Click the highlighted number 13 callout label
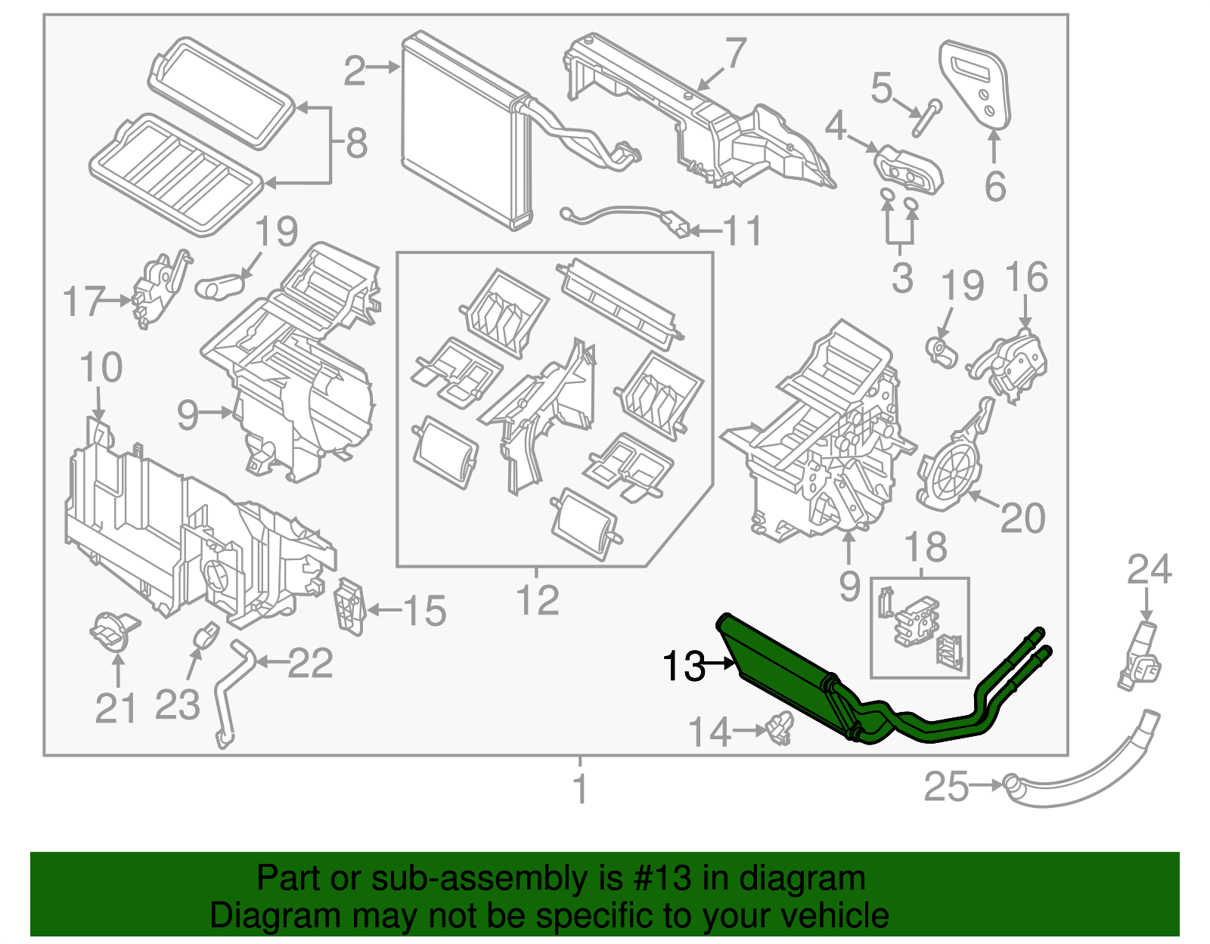(x=683, y=666)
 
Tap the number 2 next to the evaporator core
(x=354, y=70)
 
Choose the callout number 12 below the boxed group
(x=537, y=600)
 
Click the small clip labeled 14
(x=779, y=729)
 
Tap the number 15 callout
(x=424, y=611)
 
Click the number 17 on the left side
(x=83, y=302)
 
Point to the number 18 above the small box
(x=925, y=546)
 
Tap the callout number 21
(x=116, y=708)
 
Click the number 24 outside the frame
(x=1149, y=569)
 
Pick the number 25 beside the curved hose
(x=945, y=787)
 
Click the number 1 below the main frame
(x=580, y=788)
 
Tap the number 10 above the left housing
(x=101, y=367)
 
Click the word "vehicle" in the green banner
(x=834, y=915)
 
